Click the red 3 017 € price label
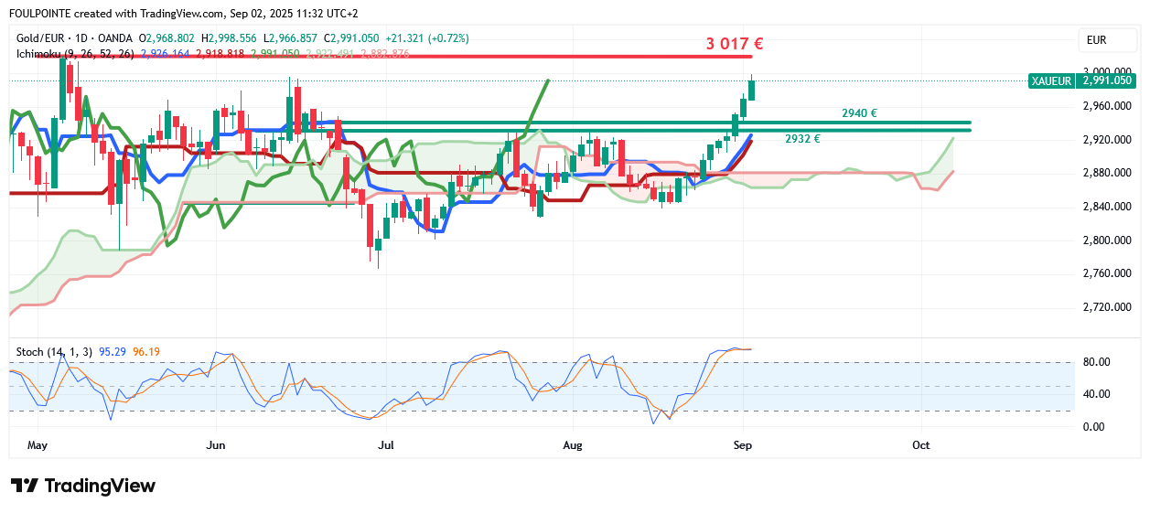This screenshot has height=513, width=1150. click(735, 43)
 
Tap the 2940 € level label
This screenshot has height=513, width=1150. click(859, 113)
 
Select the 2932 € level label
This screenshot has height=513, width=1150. click(802, 139)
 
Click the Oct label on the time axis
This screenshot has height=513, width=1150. click(920, 445)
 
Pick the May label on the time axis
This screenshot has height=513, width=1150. click(38, 445)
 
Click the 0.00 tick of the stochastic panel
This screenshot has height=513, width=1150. click(1094, 427)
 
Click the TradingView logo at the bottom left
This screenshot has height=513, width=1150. click(83, 486)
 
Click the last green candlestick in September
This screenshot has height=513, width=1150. click(751, 90)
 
